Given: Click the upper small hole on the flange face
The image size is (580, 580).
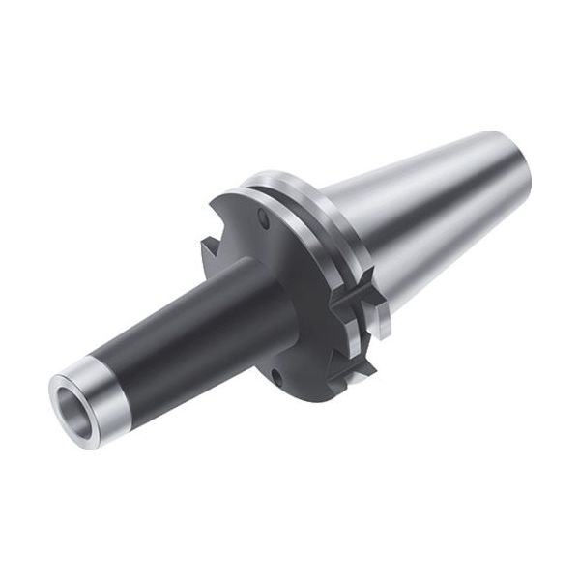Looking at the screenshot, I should pos(264,221).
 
